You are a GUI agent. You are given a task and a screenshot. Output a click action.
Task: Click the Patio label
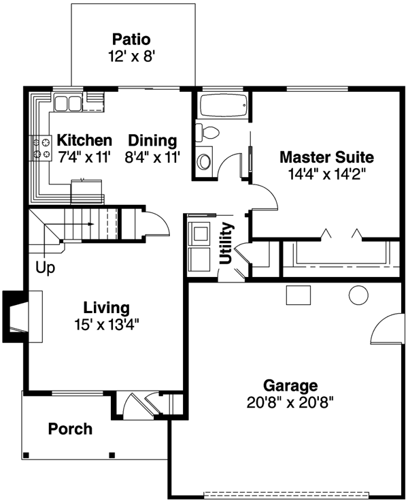coord(131,39)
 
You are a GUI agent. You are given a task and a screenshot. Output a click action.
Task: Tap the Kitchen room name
coord(84,140)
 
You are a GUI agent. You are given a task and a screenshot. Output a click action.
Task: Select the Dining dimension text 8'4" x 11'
coord(152,157)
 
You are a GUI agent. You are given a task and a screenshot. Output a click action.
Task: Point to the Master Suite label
coord(326,157)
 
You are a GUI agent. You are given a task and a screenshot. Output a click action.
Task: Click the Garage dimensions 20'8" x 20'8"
coord(290,402)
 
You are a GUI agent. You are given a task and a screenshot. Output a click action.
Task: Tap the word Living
coord(106,308)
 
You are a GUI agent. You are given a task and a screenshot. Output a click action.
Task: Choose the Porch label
coord(70,429)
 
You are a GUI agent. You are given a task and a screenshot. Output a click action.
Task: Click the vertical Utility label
coord(226,243)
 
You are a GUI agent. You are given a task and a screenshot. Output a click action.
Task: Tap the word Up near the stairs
coord(45,267)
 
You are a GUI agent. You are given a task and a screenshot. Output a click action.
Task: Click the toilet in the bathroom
coord(207,132)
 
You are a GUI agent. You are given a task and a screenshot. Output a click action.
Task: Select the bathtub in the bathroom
coord(224,105)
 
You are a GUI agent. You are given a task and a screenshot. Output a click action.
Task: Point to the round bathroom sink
coord(203,161)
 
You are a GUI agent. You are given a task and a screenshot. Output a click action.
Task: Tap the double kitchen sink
coord(68,102)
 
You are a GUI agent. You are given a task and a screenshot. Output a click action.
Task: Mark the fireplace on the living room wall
coord(22,317)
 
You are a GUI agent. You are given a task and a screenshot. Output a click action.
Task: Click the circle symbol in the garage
coord(358,295)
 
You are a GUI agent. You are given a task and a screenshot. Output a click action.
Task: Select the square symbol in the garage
coord(299,295)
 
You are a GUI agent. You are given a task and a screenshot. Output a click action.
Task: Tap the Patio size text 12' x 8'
coord(132,56)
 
